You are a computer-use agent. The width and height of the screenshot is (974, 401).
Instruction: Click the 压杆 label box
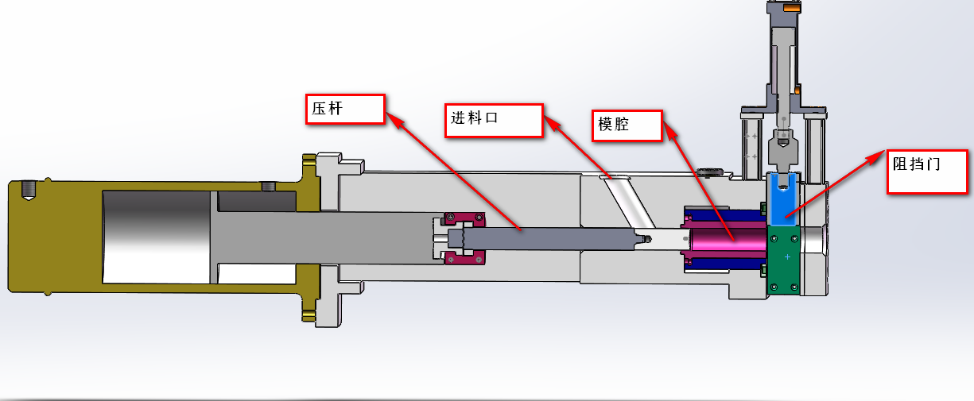(x=345, y=109)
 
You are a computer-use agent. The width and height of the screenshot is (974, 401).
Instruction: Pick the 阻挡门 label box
(x=928, y=171)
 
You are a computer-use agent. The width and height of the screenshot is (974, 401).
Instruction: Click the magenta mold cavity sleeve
(x=728, y=237)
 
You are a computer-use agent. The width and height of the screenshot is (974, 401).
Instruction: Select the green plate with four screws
(x=786, y=262)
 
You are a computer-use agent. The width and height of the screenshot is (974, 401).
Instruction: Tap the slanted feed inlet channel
(x=624, y=202)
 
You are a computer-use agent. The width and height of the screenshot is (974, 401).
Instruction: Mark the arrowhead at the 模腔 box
(x=669, y=130)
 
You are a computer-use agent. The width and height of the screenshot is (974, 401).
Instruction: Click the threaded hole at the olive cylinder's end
(x=29, y=190)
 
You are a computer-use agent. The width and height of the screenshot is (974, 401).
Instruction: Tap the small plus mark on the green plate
(x=786, y=256)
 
